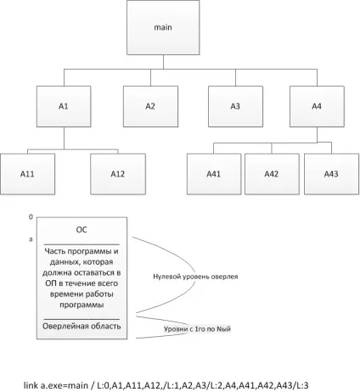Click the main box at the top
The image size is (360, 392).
[163, 27]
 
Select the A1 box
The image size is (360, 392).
[64, 106]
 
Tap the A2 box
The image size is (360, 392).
[150, 106]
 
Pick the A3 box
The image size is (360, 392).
[235, 106]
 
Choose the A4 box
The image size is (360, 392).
[317, 106]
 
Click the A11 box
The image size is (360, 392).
[27, 174]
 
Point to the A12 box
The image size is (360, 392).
[118, 174]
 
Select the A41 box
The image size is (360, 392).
[214, 174]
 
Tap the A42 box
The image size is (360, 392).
[272, 174]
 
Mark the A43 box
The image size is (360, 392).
[332, 174]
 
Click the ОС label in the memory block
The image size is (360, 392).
[82, 230]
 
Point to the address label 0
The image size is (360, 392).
[31, 217]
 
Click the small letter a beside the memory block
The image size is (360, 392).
[31, 239]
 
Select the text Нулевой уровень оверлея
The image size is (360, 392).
[195, 277]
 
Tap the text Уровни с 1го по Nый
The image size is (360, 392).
[197, 329]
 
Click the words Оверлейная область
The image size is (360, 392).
[82, 326]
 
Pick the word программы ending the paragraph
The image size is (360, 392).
[82, 305]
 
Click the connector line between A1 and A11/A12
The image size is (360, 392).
[64, 138]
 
